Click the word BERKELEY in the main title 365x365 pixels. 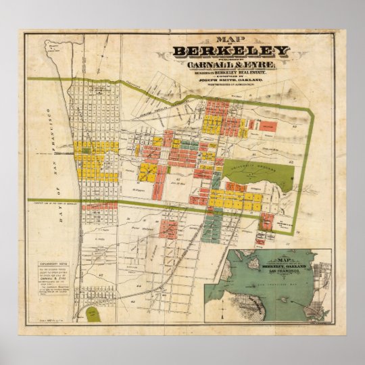point(230,51)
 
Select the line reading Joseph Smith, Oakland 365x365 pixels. point(230,81)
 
